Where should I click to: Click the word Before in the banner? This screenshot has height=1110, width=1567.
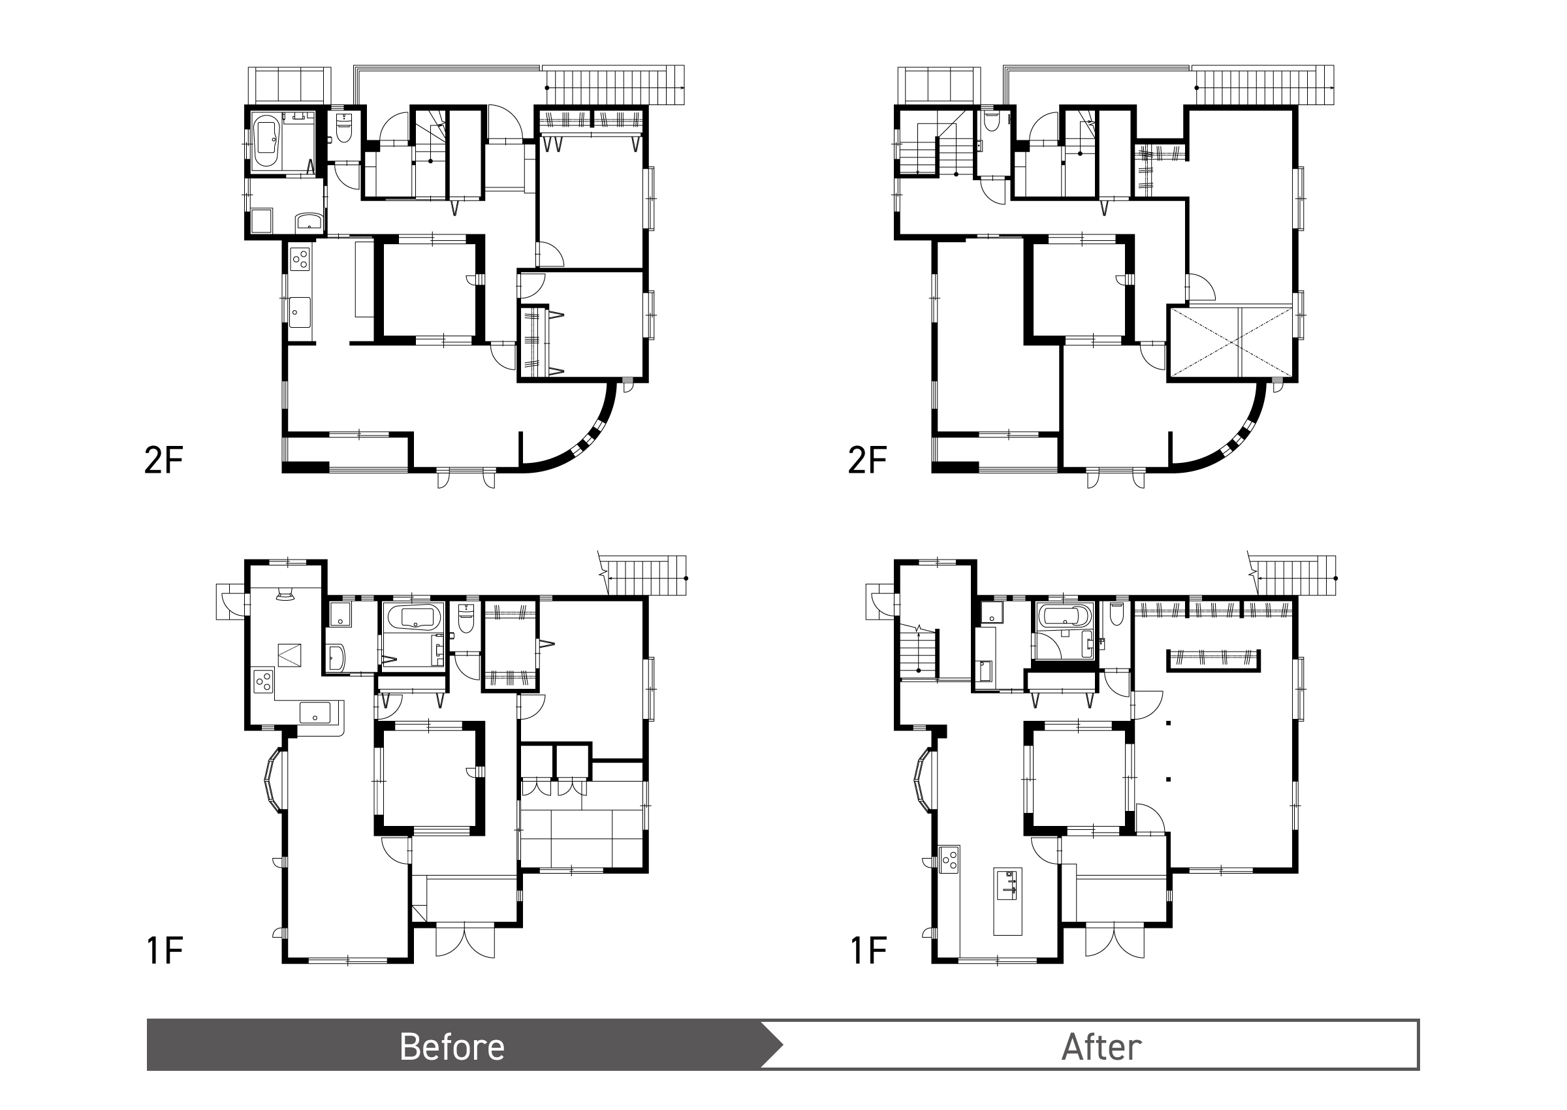coord(452,1047)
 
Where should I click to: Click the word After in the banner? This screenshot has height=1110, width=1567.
coord(1101,1047)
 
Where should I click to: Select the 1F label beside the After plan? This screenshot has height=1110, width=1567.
coord(868,951)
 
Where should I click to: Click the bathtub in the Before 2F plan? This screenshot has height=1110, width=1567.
coord(266,143)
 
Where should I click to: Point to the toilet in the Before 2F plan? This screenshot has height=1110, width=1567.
coord(343,129)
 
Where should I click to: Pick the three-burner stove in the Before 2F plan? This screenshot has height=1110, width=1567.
coord(300,259)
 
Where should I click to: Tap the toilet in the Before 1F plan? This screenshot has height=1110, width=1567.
coord(466,619)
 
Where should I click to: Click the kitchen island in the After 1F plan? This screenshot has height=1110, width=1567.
coord(1008,901)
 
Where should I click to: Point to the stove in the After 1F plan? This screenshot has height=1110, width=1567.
coord(949,859)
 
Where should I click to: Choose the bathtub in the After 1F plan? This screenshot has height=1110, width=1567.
coord(1065,616)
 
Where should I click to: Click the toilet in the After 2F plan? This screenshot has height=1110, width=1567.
coord(992,123)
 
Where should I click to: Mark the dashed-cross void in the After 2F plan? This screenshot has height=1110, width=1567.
coord(1231,341)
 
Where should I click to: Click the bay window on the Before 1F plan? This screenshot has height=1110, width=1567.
coord(273,780)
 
